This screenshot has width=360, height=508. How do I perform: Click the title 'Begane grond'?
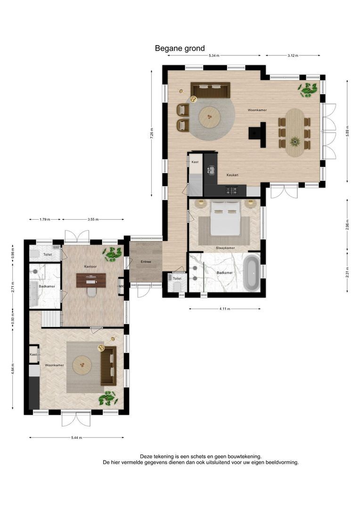tap(180, 48)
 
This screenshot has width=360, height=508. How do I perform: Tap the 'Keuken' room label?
tap(232, 175)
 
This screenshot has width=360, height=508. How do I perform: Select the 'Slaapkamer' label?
tap(225, 248)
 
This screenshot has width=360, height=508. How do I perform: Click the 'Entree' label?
tap(146, 262)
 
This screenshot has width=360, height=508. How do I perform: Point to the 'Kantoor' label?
tap(90, 266)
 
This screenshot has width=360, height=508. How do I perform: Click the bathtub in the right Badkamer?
tap(252, 272)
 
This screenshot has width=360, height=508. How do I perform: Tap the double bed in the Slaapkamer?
tap(225, 218)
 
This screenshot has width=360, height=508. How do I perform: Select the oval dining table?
tap(295, 133)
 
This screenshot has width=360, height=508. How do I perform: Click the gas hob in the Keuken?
tap(232, 191)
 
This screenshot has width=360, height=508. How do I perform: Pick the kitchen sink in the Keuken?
tap(211, 170)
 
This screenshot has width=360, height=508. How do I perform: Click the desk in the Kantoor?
tap(91, 280)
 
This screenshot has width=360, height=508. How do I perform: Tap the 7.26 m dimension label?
tap(152, 133)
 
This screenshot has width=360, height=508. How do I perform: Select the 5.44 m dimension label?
tap(77, 438)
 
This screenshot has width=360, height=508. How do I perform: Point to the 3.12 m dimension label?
tap(293, 56)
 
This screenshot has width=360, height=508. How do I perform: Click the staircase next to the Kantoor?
tap(51, 319)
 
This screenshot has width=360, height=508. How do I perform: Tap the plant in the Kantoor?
tap(112, 254)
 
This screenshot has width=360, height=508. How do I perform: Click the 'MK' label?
tap(122, 286)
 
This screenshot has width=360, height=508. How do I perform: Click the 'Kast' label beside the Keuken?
tap(195, 162)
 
